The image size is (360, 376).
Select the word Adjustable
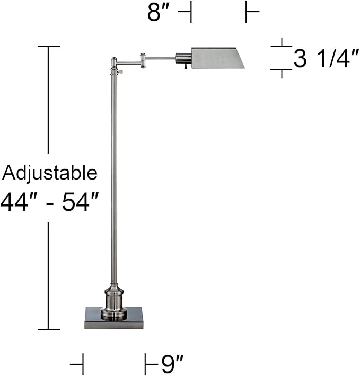pyautogui.click(x=50, y=173)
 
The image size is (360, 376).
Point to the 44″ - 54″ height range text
pyautogui.click(x=50, y=202)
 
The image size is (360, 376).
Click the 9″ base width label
pyautogui.click(x=172, y=364)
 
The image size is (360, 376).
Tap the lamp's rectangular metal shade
pyautogui.click(x=217, y=58)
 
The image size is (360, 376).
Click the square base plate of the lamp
pyautogui.click(x=113, y=318)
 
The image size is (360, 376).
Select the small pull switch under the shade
pyautogui.click(x=186, y=67)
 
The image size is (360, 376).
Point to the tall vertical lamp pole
pyautogui.click(x=114, y=175)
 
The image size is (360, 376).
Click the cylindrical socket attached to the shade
pyautogui.click(x=183, y=58)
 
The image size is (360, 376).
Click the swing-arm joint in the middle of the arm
pyautogui.click(x=143, y=60)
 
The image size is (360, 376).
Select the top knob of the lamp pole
pyautogui.click(x=113, y=62)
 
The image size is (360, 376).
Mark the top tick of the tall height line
pyautogui.click(x=48, y=47)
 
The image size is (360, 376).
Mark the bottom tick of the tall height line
pyautogui.click(x=48, y=329)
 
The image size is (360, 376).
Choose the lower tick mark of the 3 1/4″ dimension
pyautogui.click(x=282, y=69)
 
